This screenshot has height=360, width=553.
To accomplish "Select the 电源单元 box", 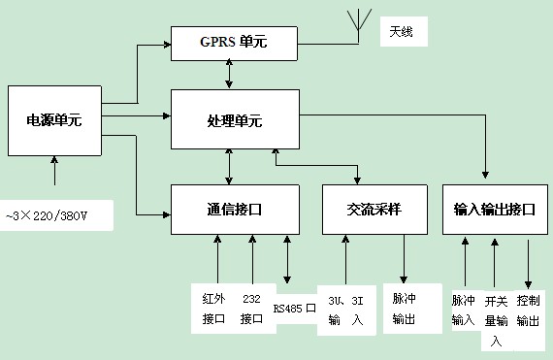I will click(x=54, y=121).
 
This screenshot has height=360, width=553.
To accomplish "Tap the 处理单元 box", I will click(x=234, y=120).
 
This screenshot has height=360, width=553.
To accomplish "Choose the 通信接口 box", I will click(x=234, y=209).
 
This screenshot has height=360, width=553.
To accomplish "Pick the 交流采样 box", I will click(x=374, y=209).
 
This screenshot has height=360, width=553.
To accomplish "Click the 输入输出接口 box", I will click(x=494, y=209).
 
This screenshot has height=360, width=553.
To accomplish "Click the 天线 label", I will click(x=401, y=32).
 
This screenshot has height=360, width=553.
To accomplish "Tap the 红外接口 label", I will click(x=213, y=309).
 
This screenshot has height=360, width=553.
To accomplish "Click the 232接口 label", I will click(x=252, y=309).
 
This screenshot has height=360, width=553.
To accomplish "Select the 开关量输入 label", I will click(x=496, y=319).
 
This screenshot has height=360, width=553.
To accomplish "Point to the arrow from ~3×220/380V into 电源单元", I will click(x=54, y=172).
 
